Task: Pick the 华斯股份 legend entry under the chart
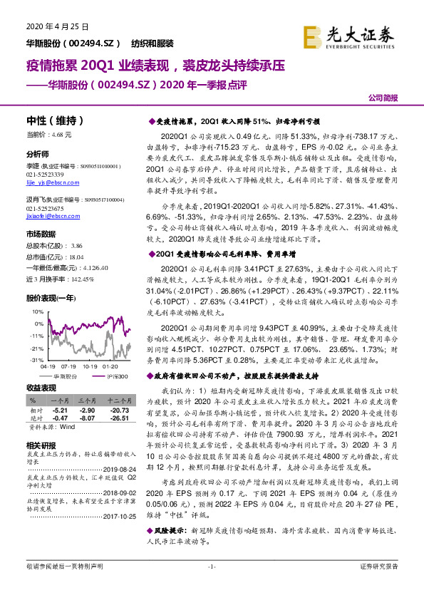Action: [x=64, y=375]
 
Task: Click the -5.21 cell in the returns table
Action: [x=60, y=412]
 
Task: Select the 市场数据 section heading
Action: [x=41, y=234]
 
